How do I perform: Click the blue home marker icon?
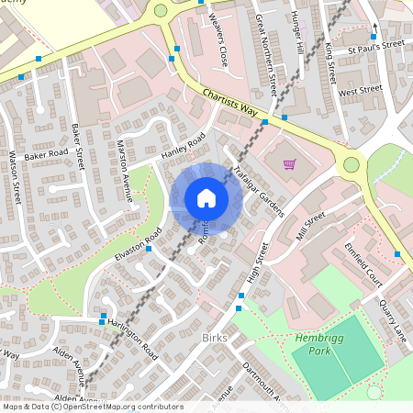pyautogui.click(x=206, y=197)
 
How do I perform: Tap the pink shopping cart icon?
pyautogui.click(x=290, y=164)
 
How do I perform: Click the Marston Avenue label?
pyautogui.click(x=125, y=170)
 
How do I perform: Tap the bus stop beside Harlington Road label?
pyautogui.click(x=103, y=321)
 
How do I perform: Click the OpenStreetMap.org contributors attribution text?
pyautogui.click(x=119, y=407)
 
